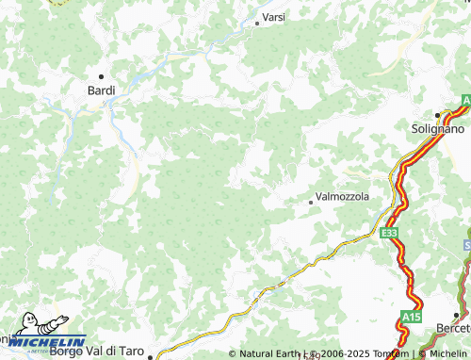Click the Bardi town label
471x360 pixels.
pyautogui.click(x=101, y=90)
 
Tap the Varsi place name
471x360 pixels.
pyautogui.click(x=274, y=18)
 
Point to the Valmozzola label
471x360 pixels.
pyautogui.click(x=343, y=197)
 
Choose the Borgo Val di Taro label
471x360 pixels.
pyautogui.click(x=97, y=352)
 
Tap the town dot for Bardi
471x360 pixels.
pyautogui.click(x=101, y=75)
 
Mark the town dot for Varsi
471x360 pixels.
pyautogui.click(x=256, y=24)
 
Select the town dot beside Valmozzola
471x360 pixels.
pyautogui.click(x=311, y=202)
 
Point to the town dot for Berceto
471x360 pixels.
pyautogui.click(x=457, y=315)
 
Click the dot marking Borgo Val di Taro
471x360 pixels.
pyautogui.click(x=150, y=356)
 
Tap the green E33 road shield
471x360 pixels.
pyautogui.click(x=389, y=232)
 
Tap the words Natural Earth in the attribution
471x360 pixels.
pyautogui.click(x=268, y=354)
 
